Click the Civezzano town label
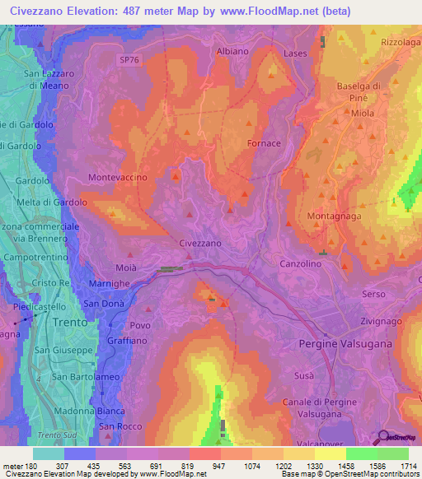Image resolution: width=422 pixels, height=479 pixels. pyautogui.click(x=200, y=244)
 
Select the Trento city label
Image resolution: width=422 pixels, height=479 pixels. pyautogui.click(x=70, y=323)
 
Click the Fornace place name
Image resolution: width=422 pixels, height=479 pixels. pyautogui.click(x=264, y=143)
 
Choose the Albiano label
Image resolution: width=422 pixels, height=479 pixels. pyautogui.click(x=232, y=51)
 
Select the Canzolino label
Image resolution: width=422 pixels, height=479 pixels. pyautogui.click(x=300, y=264)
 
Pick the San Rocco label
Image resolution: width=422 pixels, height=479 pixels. pyautogui.click(x=116, y=426)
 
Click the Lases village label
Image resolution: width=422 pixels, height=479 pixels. pyautogui.click(x=295, y=53)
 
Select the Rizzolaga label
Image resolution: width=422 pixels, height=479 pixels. pyautogui.click(x=401, y=41)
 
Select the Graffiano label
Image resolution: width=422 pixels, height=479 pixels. pyautogui.click(x=126, y=340)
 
